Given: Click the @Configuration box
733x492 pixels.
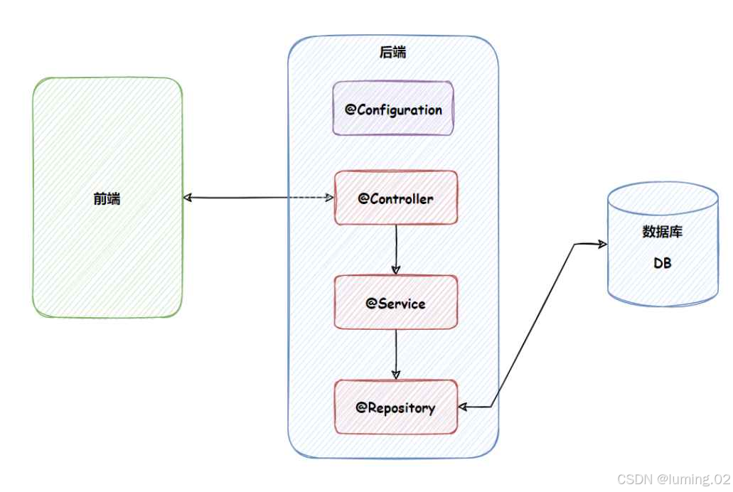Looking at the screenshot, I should pos(393,109).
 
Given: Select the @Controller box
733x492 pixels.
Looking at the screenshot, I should pos(395,198).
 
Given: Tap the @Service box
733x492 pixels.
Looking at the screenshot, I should pos(395,303).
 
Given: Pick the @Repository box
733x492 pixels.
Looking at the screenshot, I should pos(395,407).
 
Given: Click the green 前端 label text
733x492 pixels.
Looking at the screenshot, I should pos(107,198).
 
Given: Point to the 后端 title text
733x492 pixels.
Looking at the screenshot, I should pos(393,53).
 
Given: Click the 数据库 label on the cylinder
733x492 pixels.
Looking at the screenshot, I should pos(663,232).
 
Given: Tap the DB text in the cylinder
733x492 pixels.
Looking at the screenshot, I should pos(663,263).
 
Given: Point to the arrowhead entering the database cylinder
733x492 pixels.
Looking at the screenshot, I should pos(602,245).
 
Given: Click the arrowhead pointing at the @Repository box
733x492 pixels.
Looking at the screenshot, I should pos(463,407).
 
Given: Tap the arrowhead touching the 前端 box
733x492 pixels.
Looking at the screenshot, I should pos(188,198).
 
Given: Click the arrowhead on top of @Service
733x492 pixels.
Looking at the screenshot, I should pos(396,270).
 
